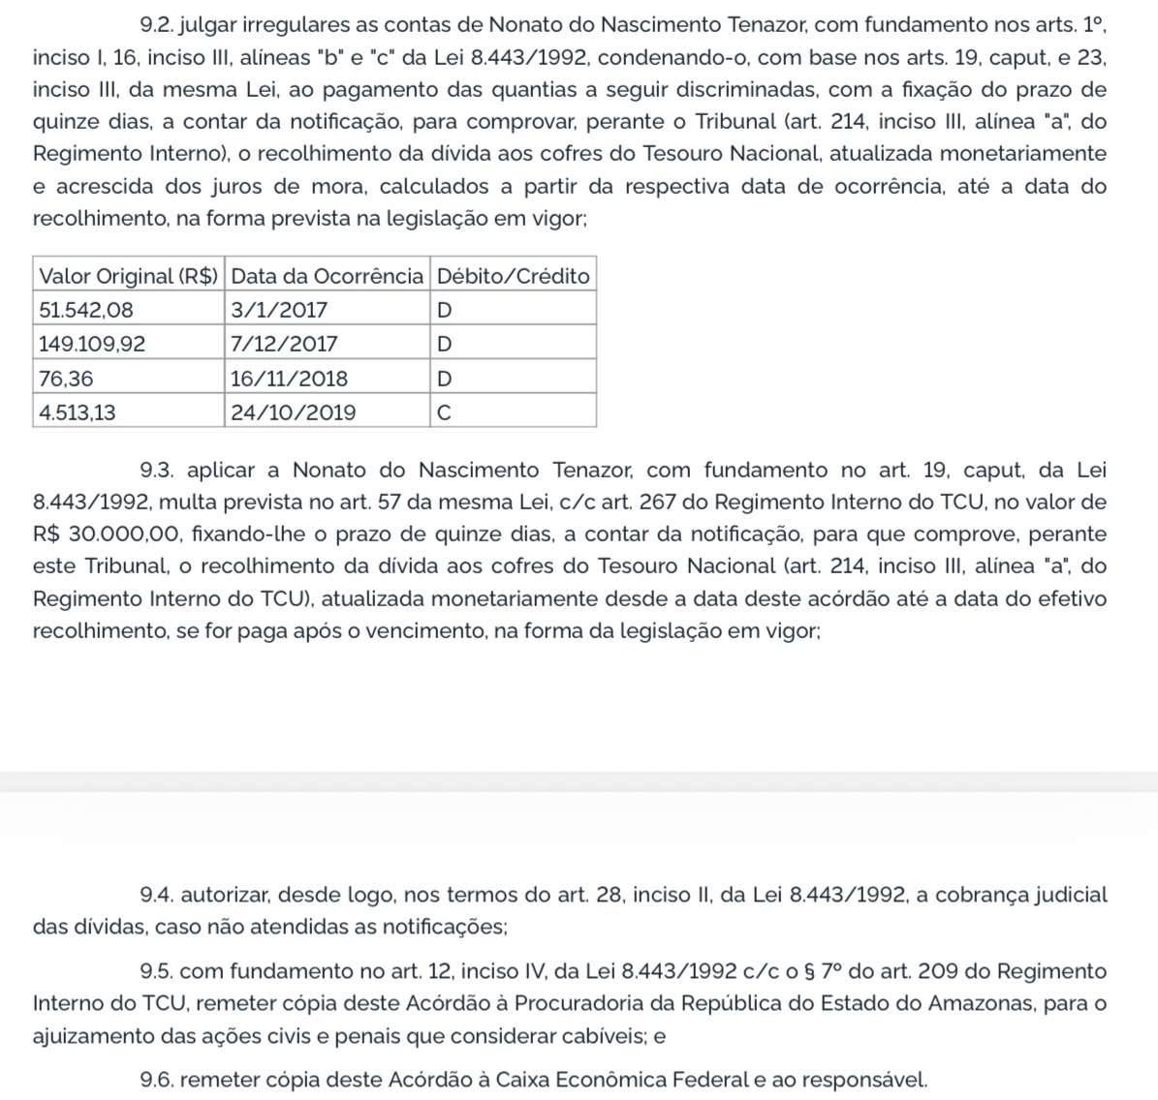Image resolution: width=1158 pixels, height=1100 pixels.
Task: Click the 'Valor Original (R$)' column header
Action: coord(128,276)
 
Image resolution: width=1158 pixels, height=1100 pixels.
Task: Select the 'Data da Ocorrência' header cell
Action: coord(327,276)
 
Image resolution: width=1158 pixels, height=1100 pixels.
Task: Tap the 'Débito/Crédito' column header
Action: coord(513,276)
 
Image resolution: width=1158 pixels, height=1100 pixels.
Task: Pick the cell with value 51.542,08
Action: coord(86,310)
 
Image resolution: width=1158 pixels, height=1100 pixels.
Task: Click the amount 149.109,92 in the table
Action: coord(92,344)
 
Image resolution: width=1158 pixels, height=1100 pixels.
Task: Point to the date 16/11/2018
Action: coord(289,379)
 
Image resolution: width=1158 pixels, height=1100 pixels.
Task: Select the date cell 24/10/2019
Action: coord(293,412)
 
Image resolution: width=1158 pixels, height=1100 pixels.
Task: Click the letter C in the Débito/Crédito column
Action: coord(444,412)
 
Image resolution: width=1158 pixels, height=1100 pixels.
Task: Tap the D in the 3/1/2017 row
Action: coord(445,310)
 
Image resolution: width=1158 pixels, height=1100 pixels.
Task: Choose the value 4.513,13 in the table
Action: coord(78,412)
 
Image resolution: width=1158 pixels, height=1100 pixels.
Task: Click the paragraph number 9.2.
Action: coord(155,25)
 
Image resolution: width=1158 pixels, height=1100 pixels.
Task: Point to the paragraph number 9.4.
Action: coord(155,895)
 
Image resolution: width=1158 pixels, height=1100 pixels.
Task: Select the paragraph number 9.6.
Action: coord(155,1079)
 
